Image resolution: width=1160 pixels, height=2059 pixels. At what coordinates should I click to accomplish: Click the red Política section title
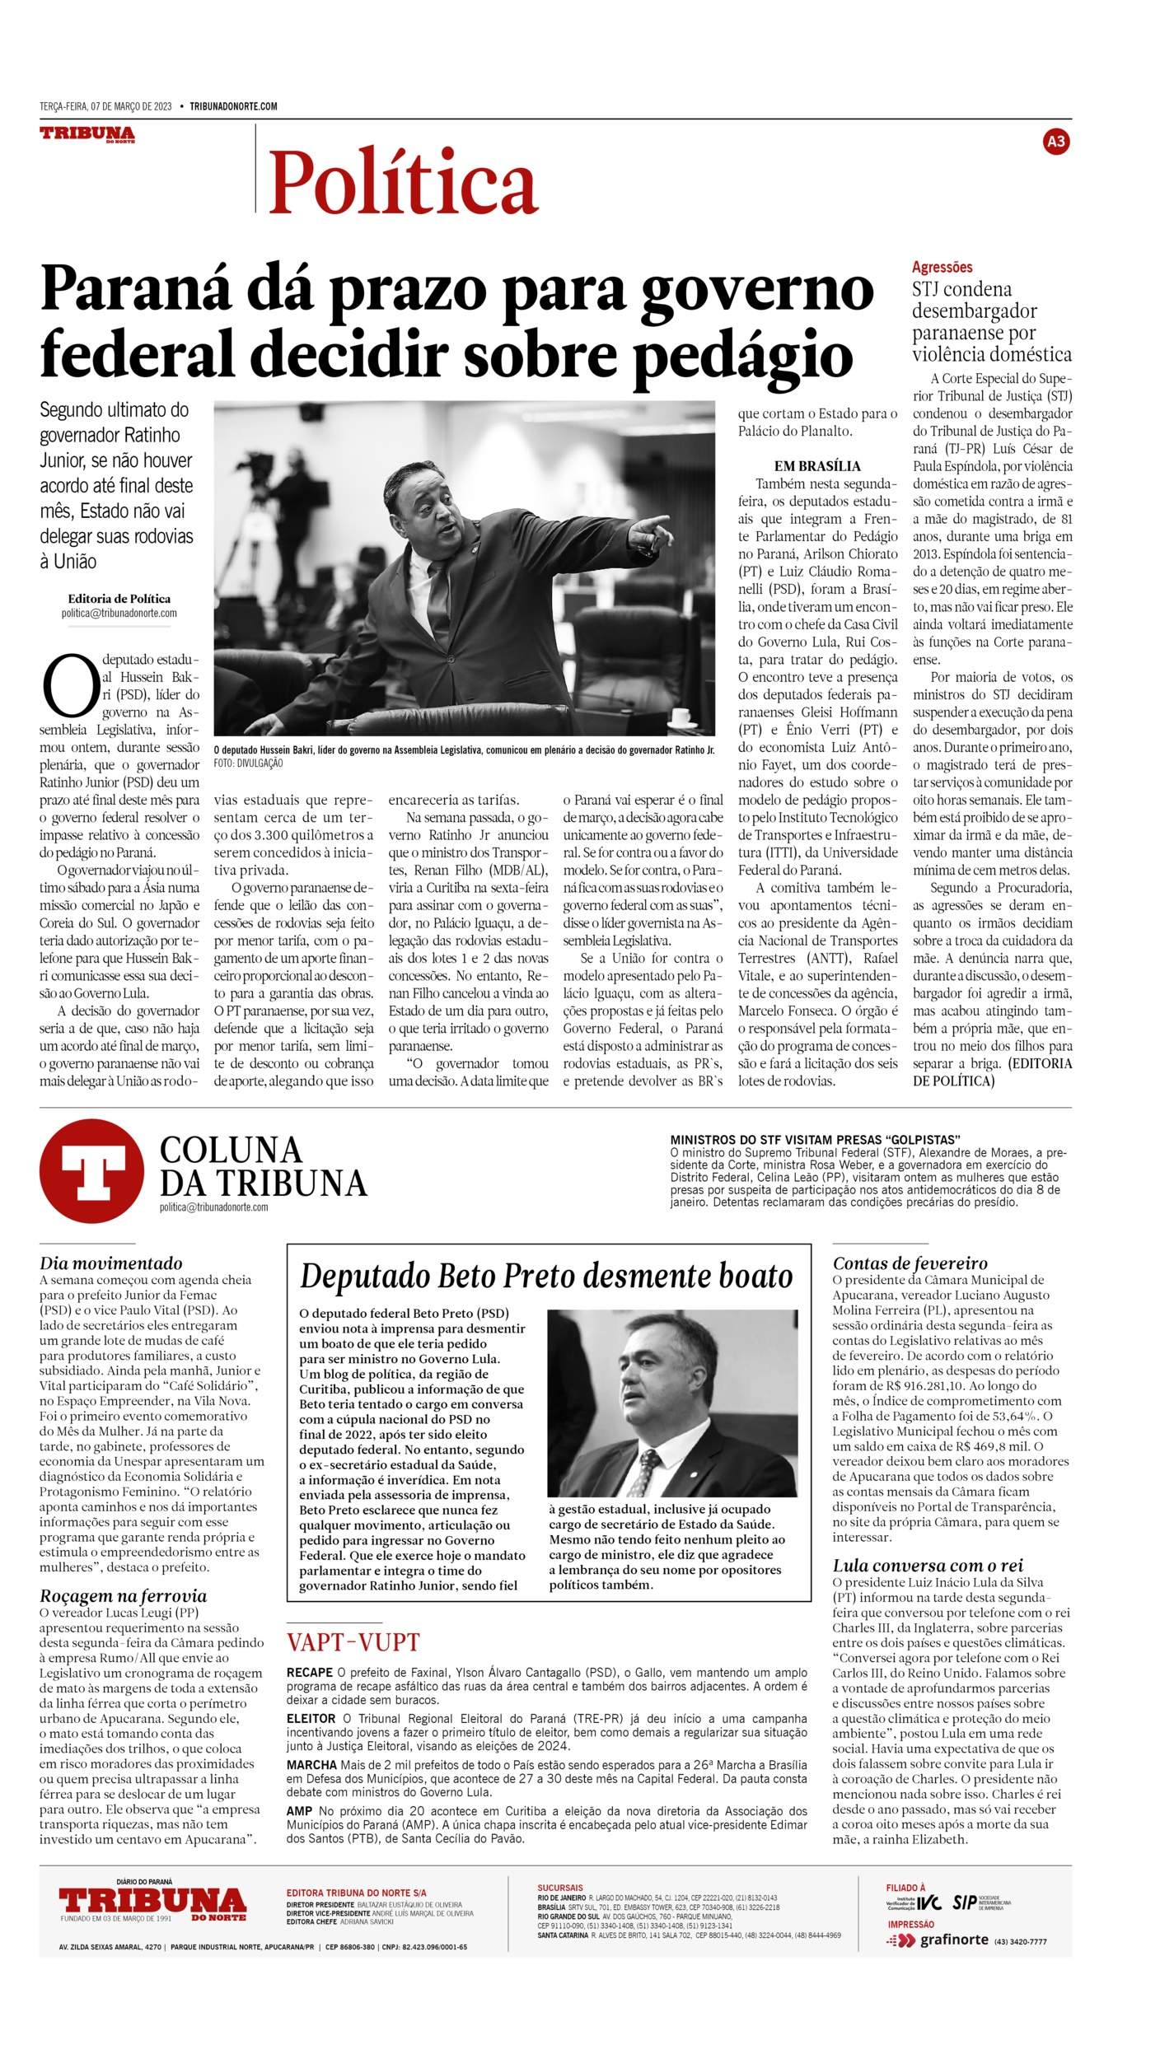pos(403,182)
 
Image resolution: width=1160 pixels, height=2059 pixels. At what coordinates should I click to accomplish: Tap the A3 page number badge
pos(1055,142)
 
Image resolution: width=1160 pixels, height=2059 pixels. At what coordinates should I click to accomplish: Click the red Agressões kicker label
pos(942,267)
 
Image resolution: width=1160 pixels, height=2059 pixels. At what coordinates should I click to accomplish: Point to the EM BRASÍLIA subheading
pos(816,465)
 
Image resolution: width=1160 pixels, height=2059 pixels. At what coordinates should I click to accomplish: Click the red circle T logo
pos(91,1170)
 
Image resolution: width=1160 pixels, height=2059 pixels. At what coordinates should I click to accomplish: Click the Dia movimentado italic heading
pos(111,1263)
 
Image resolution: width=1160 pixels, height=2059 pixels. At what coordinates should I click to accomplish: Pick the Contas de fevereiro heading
pos(910,1263)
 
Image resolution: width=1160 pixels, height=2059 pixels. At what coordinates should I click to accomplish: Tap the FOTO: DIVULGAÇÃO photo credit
pos(248,763)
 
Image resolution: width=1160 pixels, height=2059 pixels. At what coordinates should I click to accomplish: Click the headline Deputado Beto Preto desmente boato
pos(546,1277)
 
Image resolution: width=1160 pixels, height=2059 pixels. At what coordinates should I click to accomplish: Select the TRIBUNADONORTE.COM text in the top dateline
pos(233,106)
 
